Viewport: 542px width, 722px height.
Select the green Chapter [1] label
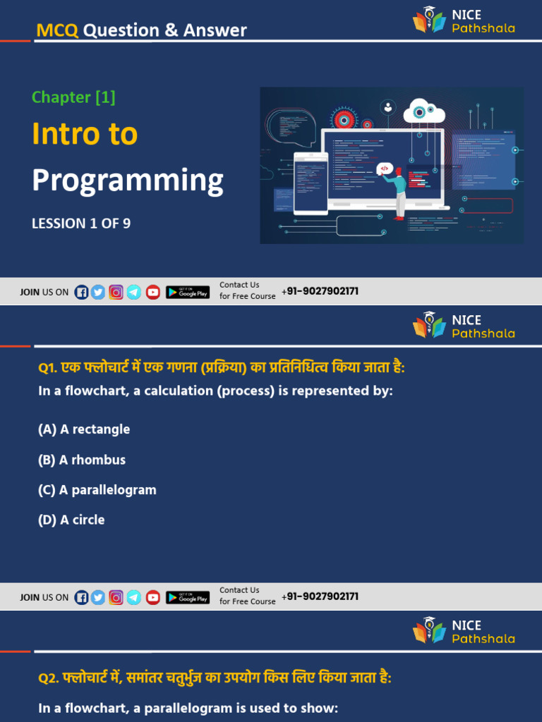[73, 97]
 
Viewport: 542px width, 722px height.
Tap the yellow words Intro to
[85, 134]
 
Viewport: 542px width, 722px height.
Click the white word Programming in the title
[128, 180]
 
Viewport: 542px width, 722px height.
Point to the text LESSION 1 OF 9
[81, 224]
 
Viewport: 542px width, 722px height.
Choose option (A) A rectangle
[84, 429]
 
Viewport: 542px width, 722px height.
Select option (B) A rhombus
[82, 460]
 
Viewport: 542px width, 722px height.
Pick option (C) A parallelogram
[97, 490]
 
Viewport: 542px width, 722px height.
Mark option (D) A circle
[71, 520]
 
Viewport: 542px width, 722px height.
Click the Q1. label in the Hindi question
[49, 369]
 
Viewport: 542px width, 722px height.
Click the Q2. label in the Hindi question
[49, 678]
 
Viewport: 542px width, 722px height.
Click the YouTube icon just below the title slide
[153, 292]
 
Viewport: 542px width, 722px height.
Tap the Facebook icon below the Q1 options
[82, 597]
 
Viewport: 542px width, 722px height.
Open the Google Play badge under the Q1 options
[188, 597]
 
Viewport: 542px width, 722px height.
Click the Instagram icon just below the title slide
[116, 292]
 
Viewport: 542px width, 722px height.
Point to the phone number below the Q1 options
[320, 596]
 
